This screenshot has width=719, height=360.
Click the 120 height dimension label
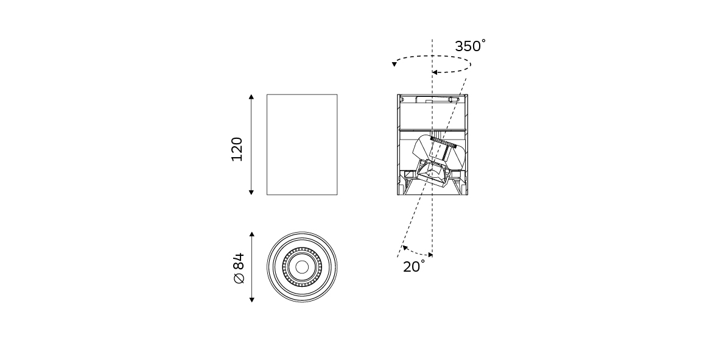coord(237,149)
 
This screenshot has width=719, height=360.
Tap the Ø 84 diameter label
coord(239,268)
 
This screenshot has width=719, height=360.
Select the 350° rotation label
coord(470,46)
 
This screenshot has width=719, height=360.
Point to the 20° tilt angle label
coord(413,266)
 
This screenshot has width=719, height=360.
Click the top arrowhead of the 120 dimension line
coord(251,97)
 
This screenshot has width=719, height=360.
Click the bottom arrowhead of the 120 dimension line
coord(251,192)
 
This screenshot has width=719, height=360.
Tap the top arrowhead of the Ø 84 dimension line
coord(252,235)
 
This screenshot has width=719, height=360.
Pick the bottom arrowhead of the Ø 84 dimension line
coord(252,300)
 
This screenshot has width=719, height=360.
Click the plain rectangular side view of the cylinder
coord(302,144)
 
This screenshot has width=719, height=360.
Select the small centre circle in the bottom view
coord(302,267)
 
